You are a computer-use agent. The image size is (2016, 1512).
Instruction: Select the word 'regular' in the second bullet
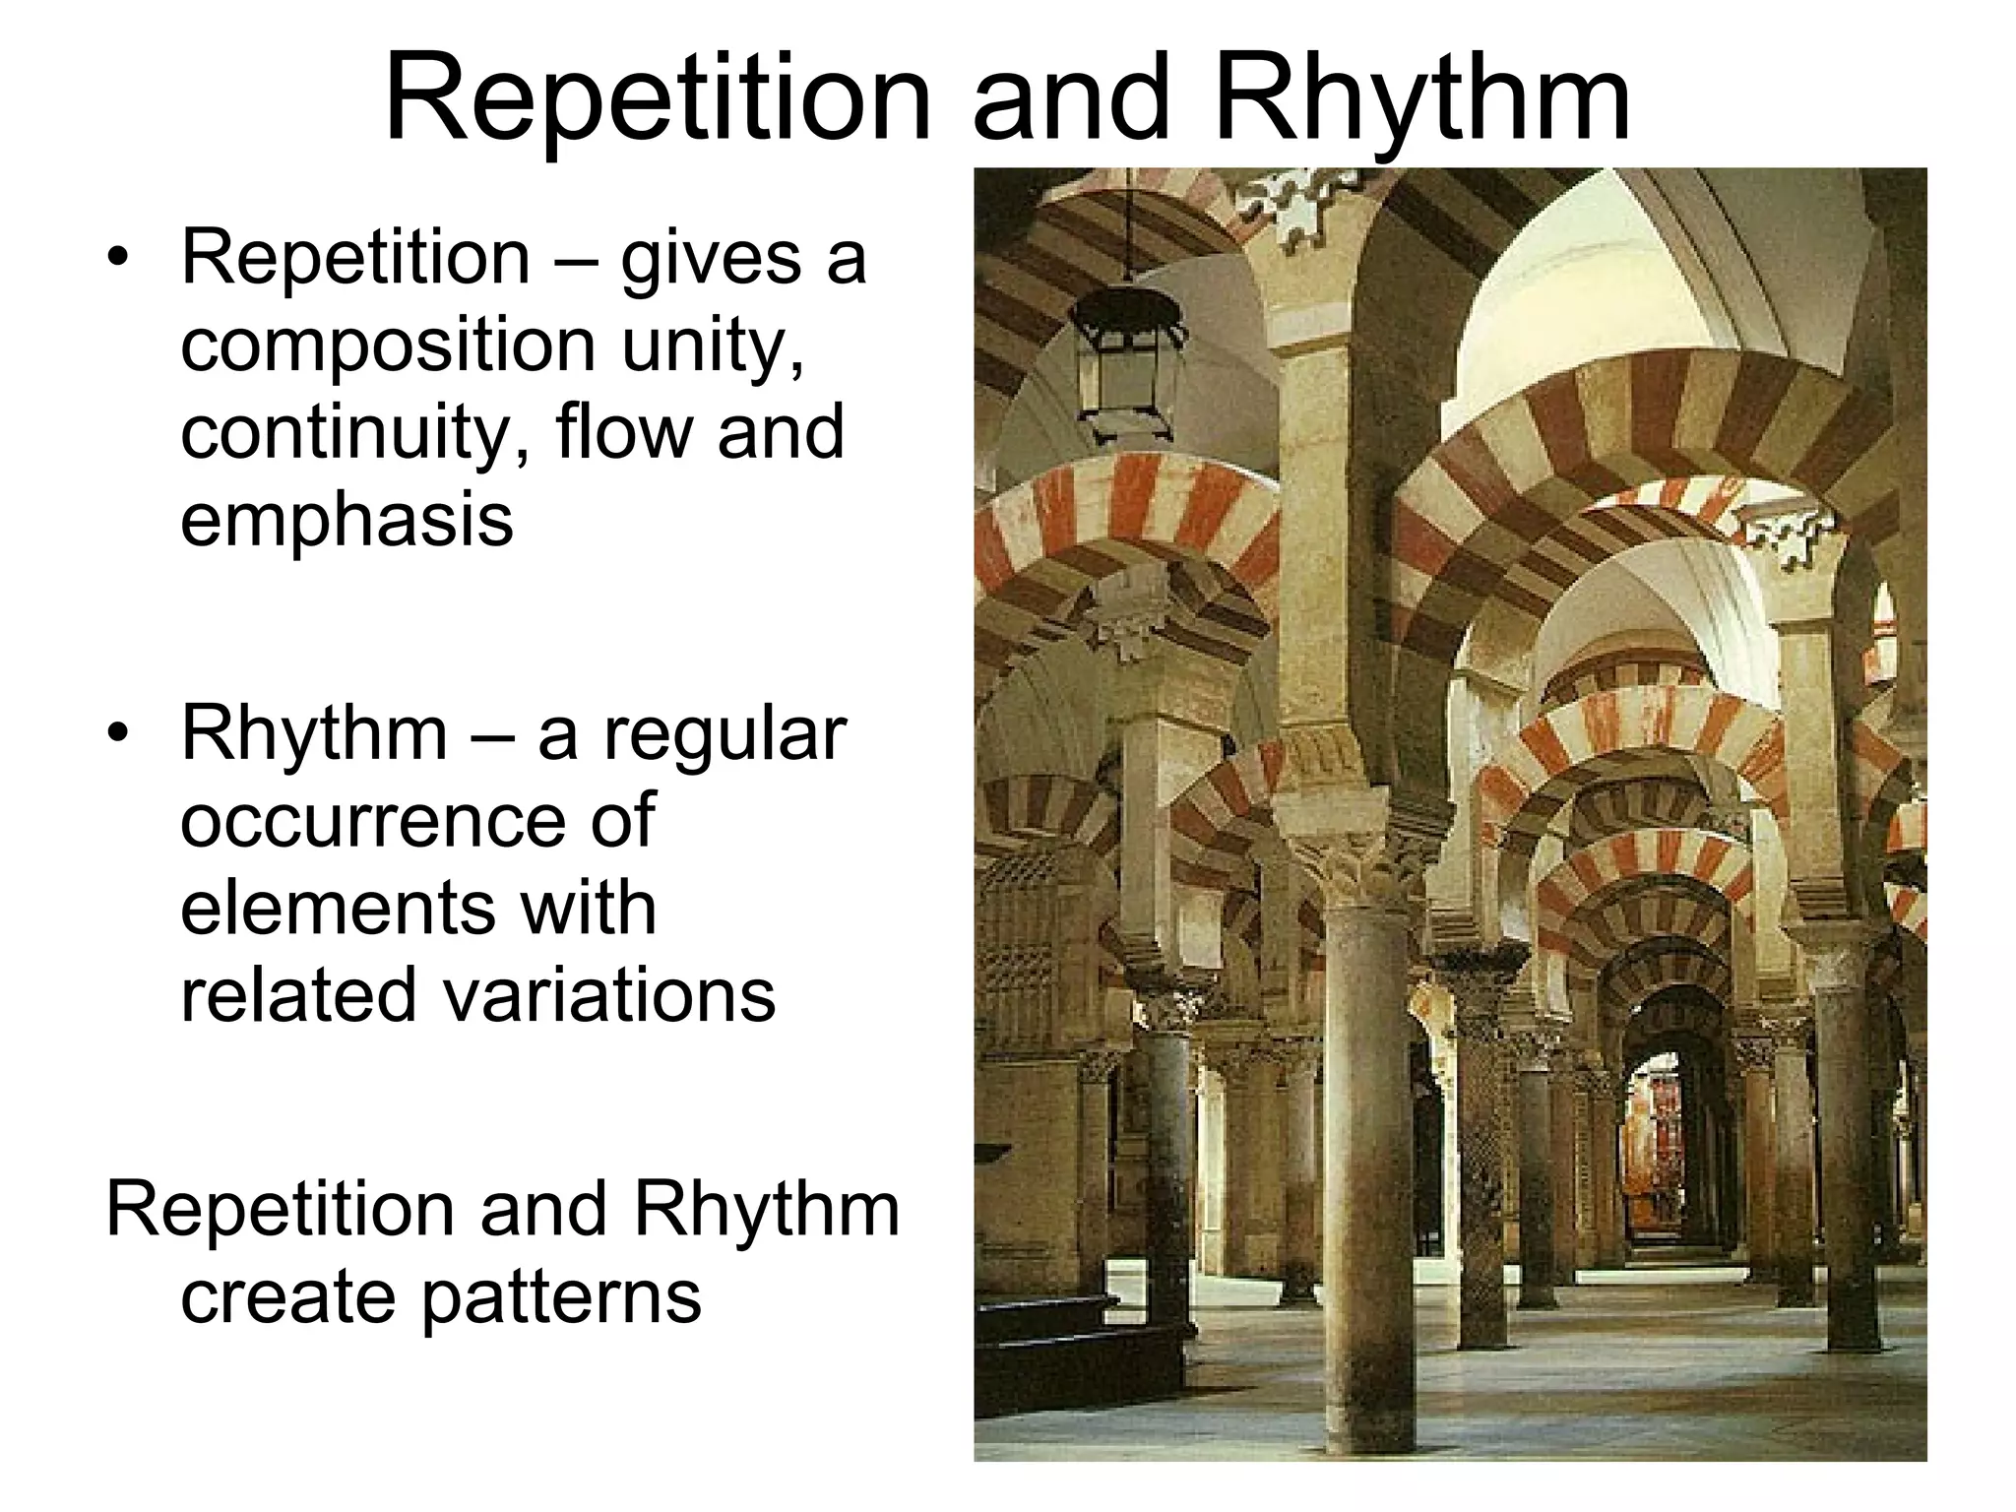pos(724,734)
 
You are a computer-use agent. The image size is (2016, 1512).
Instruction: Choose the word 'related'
pos(301,994)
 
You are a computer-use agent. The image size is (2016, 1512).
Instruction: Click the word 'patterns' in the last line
pos(561,1295)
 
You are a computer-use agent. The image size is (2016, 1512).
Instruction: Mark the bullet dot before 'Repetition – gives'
pos(119,258)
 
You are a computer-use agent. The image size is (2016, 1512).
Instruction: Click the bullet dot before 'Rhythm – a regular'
pos(119,734)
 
